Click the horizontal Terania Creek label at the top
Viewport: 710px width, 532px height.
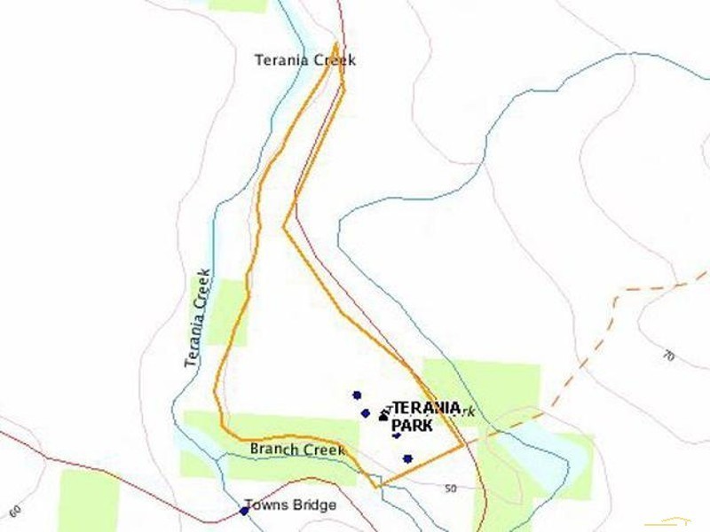(x=304, y=60)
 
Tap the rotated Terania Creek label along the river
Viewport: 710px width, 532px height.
(x=198, y=317)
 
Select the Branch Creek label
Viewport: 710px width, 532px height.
(x=297, y=450)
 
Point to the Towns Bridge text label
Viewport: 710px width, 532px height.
(x=290, y=505)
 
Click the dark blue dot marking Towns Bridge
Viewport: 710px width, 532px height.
(x=244, y=511)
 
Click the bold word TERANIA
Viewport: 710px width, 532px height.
(x=427, y=408)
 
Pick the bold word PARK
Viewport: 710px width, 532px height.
(x=412, y=426)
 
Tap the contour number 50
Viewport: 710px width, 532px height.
(x=450, y=489)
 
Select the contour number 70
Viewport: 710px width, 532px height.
(x=668, y=356)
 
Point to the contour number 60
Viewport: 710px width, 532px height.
(x=14, y=512)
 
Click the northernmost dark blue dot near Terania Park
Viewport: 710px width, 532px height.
(x=357, y=395)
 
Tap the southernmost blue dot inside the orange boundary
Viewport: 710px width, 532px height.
(x=407, y=458)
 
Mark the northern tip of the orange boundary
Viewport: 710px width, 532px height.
(x=335, y=43)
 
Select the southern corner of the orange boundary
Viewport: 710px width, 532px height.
(x=379, y=486)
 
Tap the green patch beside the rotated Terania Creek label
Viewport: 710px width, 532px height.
(x=229, y=310)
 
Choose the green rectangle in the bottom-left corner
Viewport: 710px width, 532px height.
(x=88, y=500)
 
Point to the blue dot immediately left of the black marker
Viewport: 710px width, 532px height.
(x=366, y=413)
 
